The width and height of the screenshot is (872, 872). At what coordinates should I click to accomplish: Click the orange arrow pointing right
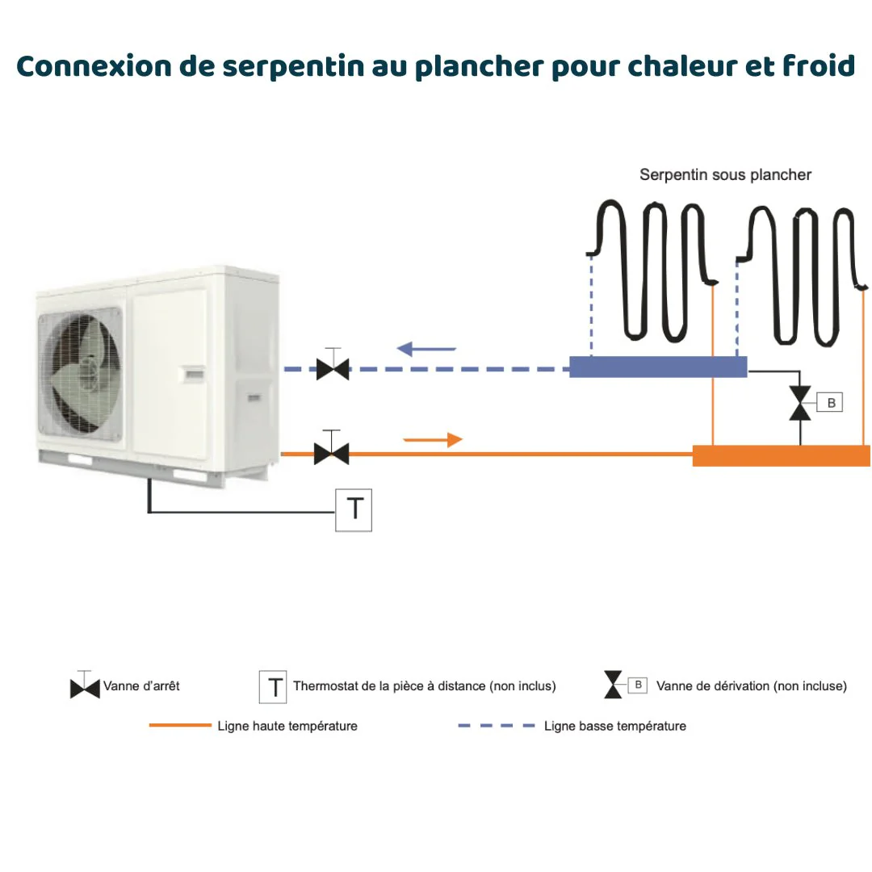tap(434, 440)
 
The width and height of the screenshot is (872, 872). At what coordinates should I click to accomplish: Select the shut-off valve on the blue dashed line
tap(332, 370)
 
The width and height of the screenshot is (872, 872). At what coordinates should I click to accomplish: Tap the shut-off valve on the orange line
tap(331, 454)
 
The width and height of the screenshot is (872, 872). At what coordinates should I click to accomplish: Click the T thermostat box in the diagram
tap(354, 509)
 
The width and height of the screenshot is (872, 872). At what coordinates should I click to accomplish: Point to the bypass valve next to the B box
tap(800, 403)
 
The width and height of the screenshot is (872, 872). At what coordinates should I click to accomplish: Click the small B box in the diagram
tap(830, 402)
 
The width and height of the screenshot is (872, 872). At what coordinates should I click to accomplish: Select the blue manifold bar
tap(657, 367)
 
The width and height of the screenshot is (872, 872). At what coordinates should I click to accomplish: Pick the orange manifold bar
tap(781, 455)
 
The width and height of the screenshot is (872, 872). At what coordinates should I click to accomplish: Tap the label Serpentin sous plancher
tap(725, 174)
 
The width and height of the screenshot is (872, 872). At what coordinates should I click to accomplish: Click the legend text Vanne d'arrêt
tap(141, 686)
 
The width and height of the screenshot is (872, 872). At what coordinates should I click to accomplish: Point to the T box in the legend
tap(274, 687)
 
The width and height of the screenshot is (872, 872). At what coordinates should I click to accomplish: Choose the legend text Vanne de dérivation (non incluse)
tap(751, 686)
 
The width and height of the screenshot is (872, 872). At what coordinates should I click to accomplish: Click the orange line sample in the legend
tap(179, 726)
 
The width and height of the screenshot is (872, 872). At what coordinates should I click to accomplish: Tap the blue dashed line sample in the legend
tap(496, 726)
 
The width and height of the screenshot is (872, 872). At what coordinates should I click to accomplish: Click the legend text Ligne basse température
tap(614, 726)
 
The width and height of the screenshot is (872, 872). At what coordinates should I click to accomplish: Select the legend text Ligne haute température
tap(287, 726)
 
